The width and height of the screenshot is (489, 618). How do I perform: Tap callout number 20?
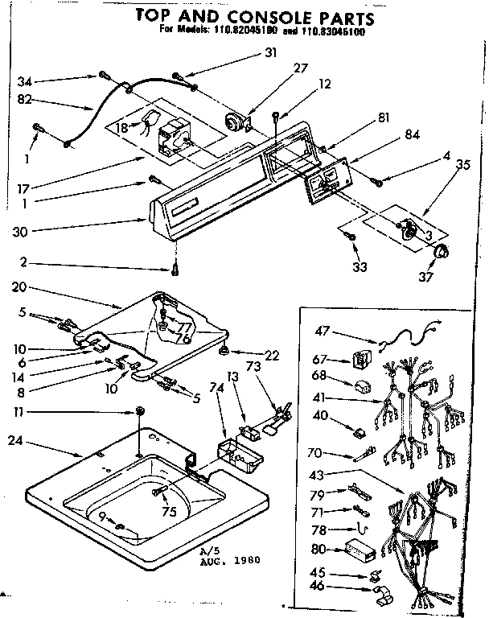(x=21, y=286)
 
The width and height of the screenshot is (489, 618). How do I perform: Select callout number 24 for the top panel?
(x=14, y=440)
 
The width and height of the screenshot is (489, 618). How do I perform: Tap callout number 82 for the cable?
(x=23, y=99)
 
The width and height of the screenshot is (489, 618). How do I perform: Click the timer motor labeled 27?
(x=236, y=122)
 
